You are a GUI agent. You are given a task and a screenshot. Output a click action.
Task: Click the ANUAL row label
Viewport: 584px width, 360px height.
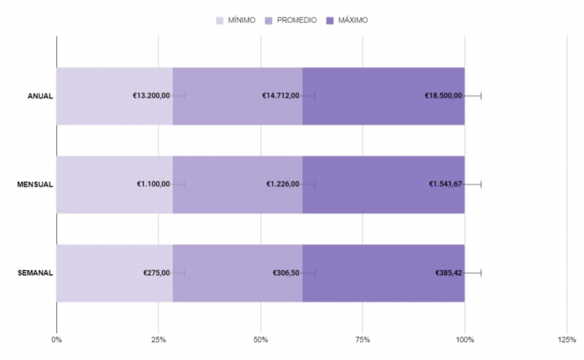pyautogui.click(x=40, y=96)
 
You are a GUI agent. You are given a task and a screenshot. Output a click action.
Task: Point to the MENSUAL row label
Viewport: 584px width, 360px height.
pyautogui.click(x=35, y=185)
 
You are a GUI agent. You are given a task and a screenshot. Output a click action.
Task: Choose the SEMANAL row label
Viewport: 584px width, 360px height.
pyautogui.click(x=35, y=273)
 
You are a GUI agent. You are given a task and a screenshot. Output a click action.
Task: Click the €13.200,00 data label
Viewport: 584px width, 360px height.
pyautogui.click(x=151, y=96)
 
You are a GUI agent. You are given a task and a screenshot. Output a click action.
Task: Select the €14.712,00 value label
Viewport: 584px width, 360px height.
pyautogui.click(x=281, y=96)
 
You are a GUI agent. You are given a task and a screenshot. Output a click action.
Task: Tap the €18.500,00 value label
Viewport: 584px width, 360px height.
pyautogui.click(x=443, y=96)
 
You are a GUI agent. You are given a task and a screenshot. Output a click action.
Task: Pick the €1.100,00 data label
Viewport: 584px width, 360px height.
pyautogui.click(x=153, y=184)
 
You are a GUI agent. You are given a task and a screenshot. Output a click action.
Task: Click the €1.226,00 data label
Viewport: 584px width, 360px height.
pyautogui.click(x=283, y=184)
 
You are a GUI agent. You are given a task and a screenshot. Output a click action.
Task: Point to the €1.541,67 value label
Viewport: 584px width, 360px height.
pyautogui.click(x=445, y=184)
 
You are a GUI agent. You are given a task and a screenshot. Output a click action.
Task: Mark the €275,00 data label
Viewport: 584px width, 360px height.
pyautogui.click(x=157, y=273)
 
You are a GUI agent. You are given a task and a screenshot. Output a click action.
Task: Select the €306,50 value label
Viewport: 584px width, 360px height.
pyautogui.click(x=286, y=273)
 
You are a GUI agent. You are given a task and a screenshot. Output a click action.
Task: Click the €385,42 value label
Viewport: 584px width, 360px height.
pyautogui.click(x=448, y=273)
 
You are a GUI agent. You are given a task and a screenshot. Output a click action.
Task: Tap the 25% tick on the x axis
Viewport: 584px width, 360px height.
pyautogui.click(x=158, y=339)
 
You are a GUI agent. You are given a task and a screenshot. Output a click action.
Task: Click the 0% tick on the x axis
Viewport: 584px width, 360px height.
pyautogui.click(x=56, y=339)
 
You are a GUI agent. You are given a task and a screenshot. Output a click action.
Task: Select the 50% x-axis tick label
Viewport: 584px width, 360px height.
pyautogui.click(x=261, y=339)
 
